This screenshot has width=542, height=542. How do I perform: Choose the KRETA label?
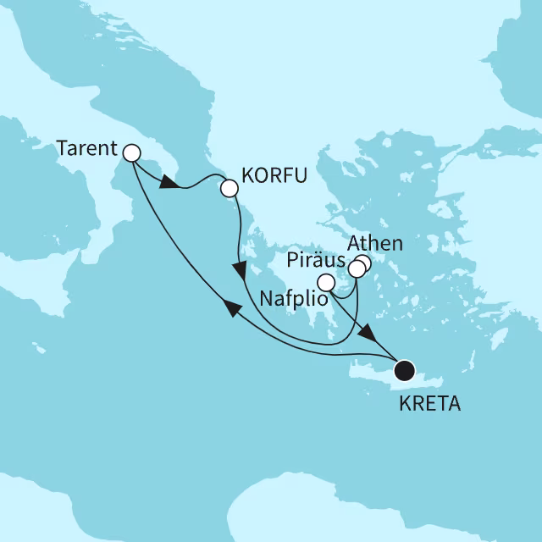(429, 404)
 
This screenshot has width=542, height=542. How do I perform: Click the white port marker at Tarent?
(131, 153)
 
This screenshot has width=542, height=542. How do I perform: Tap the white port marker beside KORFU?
(229, 189)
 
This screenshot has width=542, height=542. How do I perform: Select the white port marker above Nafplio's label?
(324, 283)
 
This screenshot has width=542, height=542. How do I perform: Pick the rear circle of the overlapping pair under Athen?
(363, 263)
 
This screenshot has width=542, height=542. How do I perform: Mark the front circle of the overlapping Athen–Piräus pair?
(357, 269)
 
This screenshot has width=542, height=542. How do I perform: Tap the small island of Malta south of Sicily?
(36, 348)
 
